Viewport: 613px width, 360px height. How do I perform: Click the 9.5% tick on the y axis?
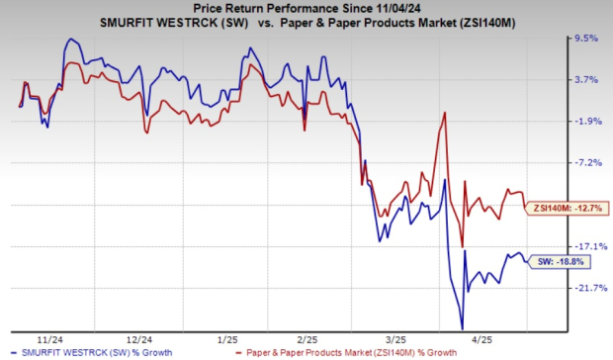click(587, 39)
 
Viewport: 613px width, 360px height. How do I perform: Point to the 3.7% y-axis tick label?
click(587, 80)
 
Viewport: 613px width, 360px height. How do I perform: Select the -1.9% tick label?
click(587, 122)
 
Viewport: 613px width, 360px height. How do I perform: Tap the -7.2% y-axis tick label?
click(587, 163)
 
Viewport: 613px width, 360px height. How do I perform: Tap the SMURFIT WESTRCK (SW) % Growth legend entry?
click(79, 352)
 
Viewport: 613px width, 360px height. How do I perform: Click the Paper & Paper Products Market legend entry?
click(356, 352)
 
